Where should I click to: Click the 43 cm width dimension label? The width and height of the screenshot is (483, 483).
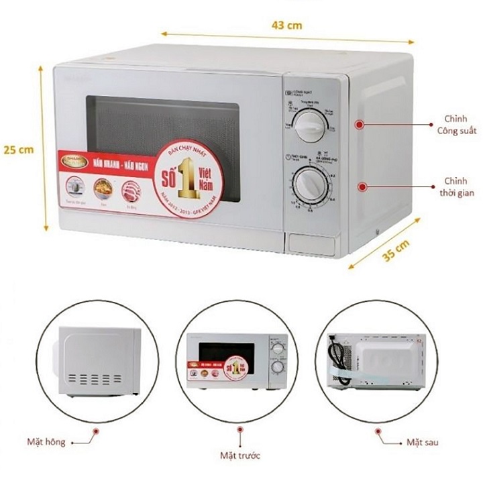(287, 25)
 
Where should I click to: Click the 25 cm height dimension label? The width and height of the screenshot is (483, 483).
(17, 150)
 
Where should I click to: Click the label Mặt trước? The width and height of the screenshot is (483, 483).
(240, 455)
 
